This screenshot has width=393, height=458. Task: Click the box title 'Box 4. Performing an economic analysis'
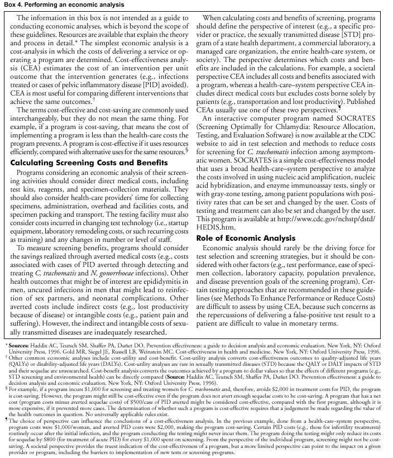54,4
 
